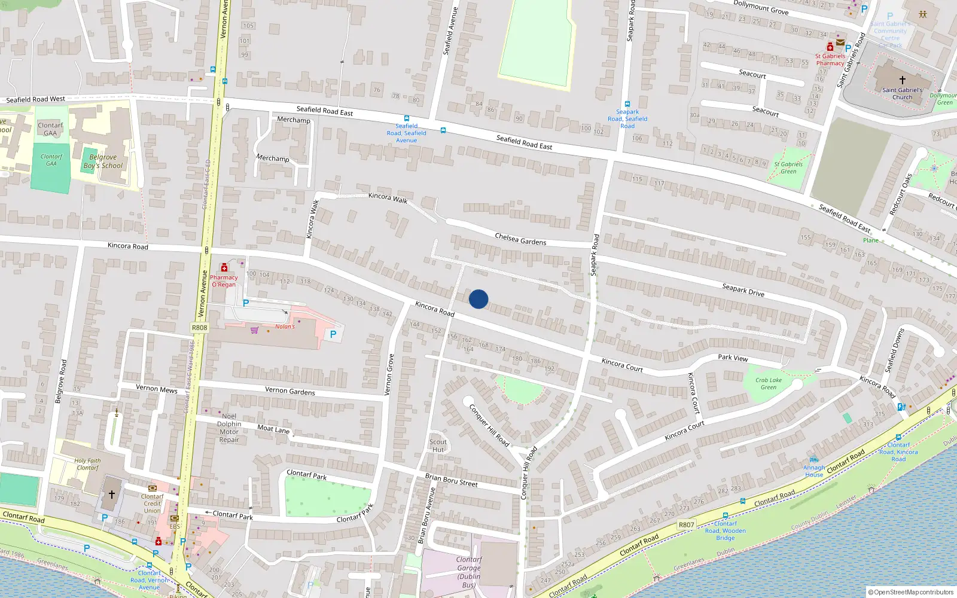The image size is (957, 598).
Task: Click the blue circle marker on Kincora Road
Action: click(478, 299)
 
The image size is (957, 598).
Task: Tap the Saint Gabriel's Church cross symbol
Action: click(903, 79)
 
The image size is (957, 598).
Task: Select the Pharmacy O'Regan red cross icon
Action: click(224, 267)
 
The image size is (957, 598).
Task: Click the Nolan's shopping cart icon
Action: click(255, 329)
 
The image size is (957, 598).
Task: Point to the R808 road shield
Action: click(200, 328)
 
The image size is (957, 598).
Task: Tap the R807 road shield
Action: click(686, 525)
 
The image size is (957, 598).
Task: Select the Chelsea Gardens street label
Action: click(520, 239)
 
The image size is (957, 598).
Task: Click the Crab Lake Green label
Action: click(768, 383)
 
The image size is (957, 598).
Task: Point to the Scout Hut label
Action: click(438, 446)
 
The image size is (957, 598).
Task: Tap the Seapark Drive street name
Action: click(743, 290)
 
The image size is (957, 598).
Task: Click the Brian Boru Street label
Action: click(451, 480)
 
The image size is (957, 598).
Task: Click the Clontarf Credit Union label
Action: click(152, 504)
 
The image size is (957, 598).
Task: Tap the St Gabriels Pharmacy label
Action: click(830, 60)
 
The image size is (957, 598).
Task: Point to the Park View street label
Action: click(733, 358)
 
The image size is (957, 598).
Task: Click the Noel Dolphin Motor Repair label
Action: click(229, 428)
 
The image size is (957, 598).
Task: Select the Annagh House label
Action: click(813, 471)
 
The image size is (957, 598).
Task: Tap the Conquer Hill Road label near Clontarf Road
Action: click(525, 472)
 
